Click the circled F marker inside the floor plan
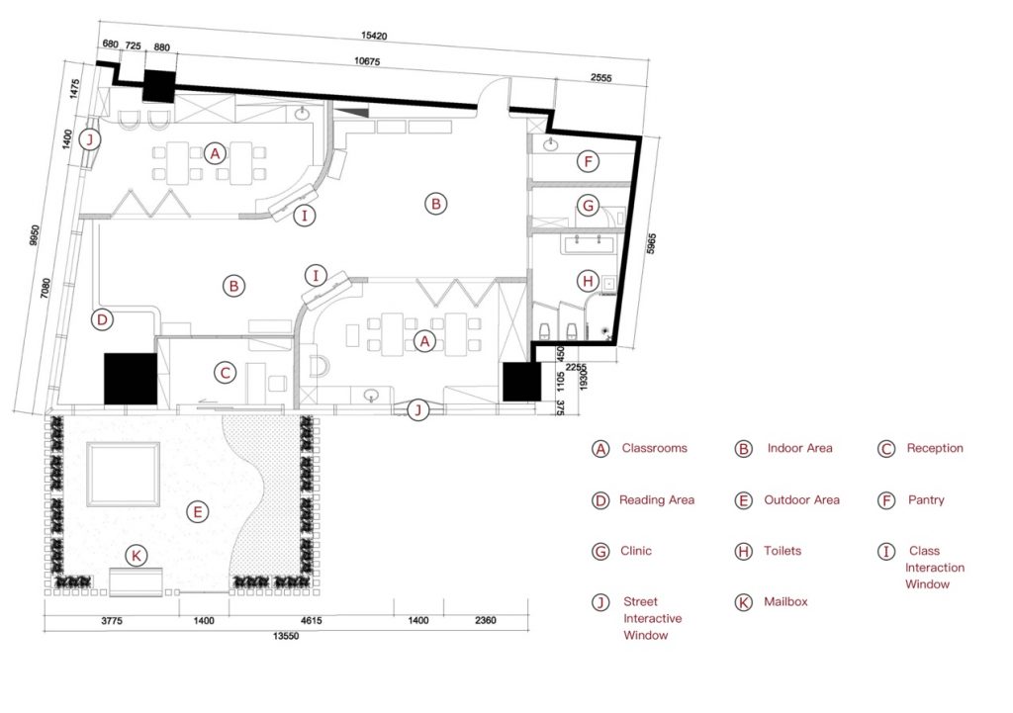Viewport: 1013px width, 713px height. pos(588,161)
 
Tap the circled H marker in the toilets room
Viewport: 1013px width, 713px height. pos(588,282)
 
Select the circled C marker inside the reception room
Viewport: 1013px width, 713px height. pos(226,373)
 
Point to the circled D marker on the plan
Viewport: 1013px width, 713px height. pos(101,319)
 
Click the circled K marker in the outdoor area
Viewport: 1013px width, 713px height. pos(138,556)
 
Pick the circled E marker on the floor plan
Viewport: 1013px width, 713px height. pos(197,511)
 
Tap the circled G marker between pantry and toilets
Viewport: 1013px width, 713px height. pos(588,207)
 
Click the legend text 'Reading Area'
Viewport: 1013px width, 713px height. pos(656,500)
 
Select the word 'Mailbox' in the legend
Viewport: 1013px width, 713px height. pos(785,601)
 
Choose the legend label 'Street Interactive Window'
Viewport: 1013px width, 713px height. pos(652,618)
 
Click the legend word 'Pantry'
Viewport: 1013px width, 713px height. pos(926,500)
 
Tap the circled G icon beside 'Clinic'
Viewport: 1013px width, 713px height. pos(599,551)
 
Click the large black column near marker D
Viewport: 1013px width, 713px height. pos(131,379)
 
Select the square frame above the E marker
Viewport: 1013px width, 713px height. pos(124,472)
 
